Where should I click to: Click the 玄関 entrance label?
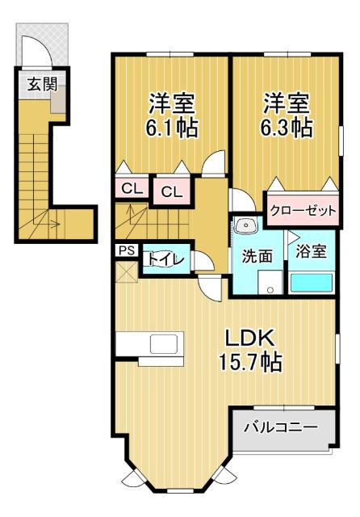click(34, 83)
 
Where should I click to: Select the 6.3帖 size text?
click(287, 127)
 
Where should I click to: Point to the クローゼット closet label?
click(300, 210)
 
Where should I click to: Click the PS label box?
click(127, 250)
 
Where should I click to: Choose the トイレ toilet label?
click(165, 259)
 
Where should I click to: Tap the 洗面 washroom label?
click(257, 254)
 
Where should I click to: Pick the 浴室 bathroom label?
click(311, 250)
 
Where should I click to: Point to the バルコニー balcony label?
click(282, 425)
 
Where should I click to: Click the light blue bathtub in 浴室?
click(311, 283)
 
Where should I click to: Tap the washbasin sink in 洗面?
click(247, 225)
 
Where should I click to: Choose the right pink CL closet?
click(170, 191)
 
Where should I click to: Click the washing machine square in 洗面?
click(269, 282)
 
